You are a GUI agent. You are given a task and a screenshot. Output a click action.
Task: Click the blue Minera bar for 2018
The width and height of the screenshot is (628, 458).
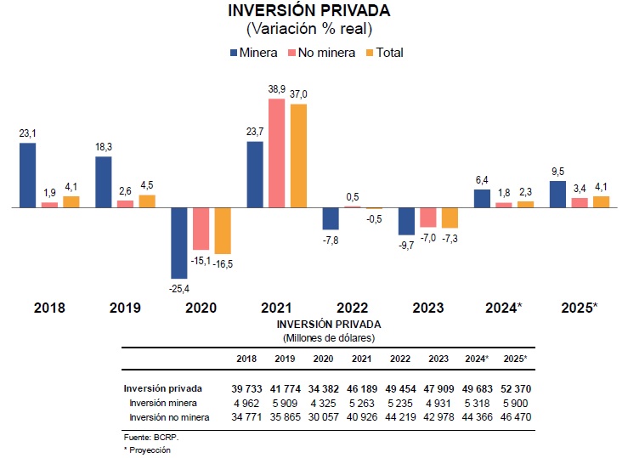tap(28, 175)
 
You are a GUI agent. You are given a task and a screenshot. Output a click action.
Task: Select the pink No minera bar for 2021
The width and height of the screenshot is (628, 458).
tap(277, 153)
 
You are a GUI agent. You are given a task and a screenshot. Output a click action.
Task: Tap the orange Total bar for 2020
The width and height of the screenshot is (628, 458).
tap(223, 230)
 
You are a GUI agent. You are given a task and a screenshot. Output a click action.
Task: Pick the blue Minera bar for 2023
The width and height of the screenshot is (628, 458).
tap(406, 222)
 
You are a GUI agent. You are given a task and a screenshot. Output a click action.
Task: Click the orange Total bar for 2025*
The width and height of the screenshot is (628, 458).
tap(601, 202)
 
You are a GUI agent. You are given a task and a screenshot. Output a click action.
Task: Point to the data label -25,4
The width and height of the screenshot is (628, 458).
tap(179, 289)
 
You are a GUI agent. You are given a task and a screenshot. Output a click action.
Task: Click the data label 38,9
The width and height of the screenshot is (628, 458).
tap(277, 89)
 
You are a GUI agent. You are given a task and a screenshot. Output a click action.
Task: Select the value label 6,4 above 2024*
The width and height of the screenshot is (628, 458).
tap(482, 180)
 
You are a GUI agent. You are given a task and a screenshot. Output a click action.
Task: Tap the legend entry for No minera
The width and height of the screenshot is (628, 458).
tap(321, 53)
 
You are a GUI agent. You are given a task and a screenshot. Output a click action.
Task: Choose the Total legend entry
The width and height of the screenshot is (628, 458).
tap(385, 53)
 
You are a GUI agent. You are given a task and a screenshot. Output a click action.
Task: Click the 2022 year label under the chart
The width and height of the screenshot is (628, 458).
tap(352, 308)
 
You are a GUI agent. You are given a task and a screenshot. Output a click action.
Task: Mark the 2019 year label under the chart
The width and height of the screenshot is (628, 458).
tap(125, 308)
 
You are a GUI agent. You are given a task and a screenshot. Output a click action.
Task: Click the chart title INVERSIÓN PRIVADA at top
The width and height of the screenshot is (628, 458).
tap(309, 11)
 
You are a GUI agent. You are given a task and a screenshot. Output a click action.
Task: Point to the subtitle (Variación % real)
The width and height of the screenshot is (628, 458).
tap(309, 29)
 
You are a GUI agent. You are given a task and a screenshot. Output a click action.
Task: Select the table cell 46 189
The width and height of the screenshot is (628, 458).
tap(362, 388)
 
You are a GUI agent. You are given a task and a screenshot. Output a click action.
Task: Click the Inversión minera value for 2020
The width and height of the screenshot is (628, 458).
tap(323, 403)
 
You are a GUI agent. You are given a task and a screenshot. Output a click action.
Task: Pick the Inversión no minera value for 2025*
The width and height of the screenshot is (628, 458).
tap(516, 417)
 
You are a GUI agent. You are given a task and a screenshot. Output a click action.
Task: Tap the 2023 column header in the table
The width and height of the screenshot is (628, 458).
tap(438, 359)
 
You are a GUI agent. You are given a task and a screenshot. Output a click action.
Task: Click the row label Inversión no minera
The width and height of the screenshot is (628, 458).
tap(169, 417)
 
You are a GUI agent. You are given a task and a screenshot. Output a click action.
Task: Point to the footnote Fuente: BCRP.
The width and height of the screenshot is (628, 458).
tap(151, 438)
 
